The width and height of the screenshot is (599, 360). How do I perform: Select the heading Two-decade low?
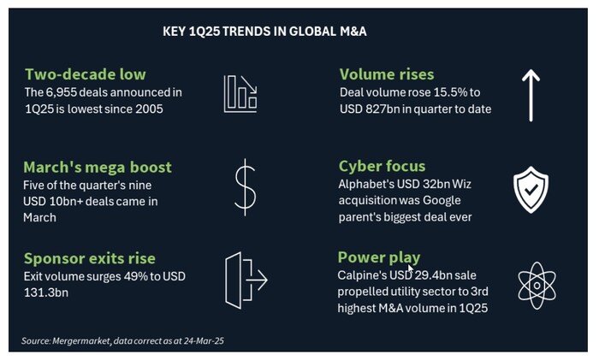pos(86,74)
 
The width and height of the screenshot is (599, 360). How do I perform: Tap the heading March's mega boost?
pos(98,167)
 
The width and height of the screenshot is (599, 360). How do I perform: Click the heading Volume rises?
pos(387,74)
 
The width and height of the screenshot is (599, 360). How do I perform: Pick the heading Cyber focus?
pos(383,166)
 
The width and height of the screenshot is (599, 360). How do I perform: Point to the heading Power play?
pos(379,257)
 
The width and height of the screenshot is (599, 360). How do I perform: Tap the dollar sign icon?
pos(245,187)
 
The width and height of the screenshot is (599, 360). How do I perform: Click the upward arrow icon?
pos(531,94)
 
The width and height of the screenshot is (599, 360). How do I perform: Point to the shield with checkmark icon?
pos(531,188)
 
